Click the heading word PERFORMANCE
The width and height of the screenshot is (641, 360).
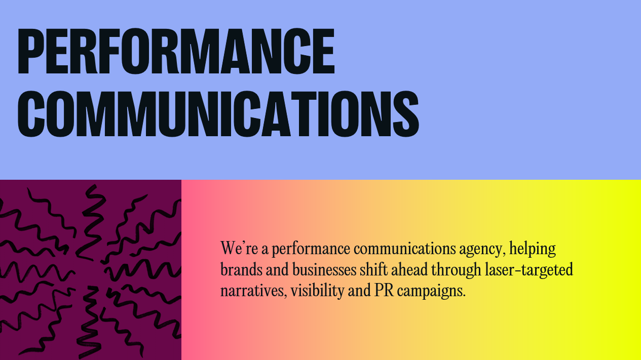point(176,51)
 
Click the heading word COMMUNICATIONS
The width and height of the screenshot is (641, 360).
point(218,114)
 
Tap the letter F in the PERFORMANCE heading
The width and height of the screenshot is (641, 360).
point(107,51)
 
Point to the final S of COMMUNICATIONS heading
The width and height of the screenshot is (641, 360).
point(406,114)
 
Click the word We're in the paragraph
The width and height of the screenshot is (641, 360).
point(239,248)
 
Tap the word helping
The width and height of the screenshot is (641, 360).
point(533,249)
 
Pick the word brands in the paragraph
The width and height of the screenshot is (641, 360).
point(241,270)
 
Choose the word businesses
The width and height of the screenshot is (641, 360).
point(324,270)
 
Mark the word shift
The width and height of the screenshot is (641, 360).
point(373,269)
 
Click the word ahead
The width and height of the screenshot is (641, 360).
point(409,269)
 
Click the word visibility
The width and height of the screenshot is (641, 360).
point(318,291)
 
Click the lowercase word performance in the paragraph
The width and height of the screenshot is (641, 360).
point(311,249)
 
